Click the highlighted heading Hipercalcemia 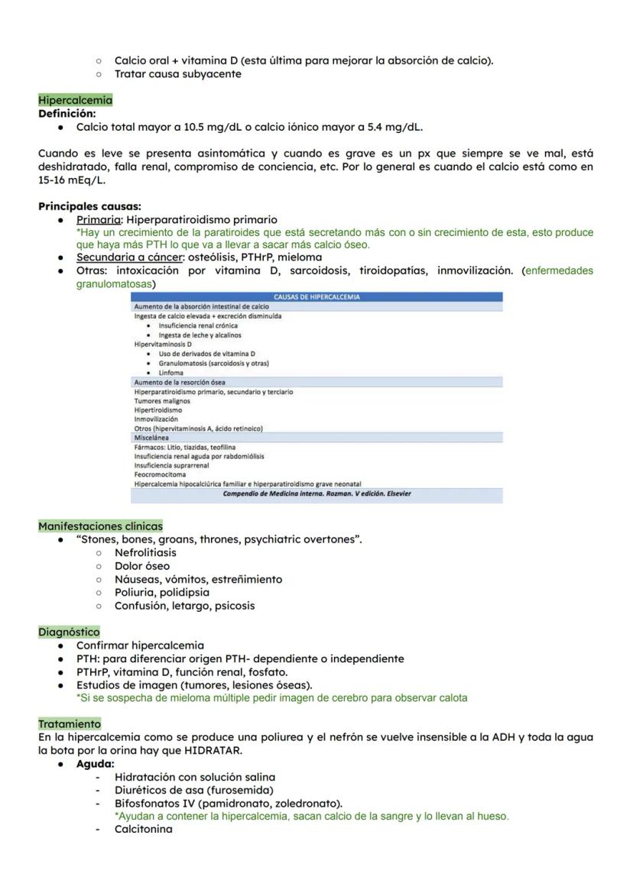point(75,100)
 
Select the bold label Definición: point(67,113)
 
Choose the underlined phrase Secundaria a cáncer point(129,257)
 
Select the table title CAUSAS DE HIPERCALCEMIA point(316,297)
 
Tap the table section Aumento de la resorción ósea point(180,381)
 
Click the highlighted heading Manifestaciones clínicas point(100,526)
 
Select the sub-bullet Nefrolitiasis point(145,552)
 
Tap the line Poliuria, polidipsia point(161,592)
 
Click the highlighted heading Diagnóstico point(69,633)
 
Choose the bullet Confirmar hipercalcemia point(140,645)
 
